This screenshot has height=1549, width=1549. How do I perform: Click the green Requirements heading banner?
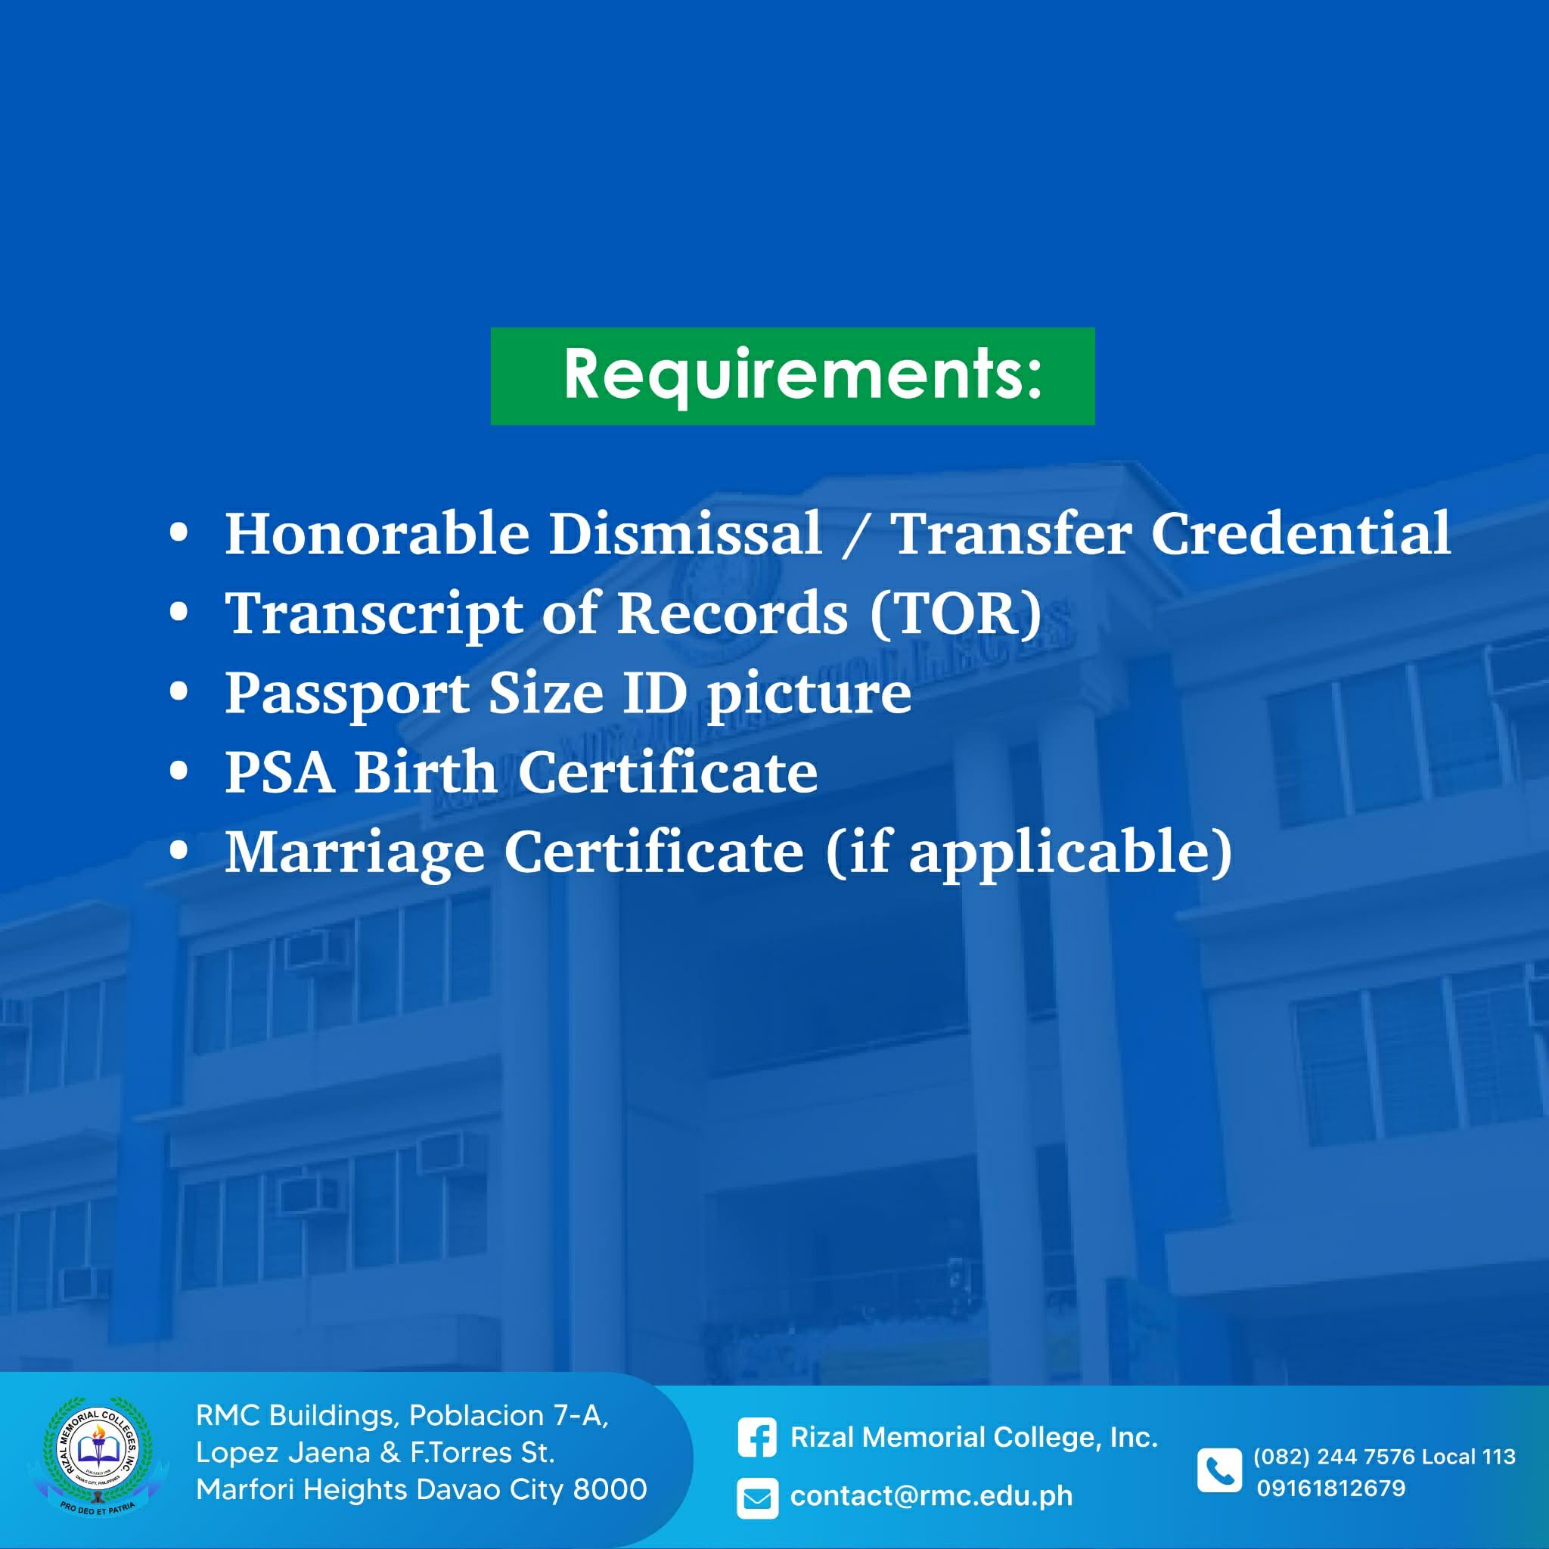[792, 376]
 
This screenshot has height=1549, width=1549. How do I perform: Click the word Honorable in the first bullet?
[377, 533]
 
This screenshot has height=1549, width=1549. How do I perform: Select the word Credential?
[1301, 533]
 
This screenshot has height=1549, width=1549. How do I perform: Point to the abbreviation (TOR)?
[957, 613]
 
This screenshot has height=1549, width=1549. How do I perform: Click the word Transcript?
[374, 615]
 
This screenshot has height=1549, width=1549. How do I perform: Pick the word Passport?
[347, 694]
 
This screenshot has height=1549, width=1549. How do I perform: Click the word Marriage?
[355, 853]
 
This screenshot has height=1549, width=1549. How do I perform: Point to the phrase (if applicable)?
[1029, 853]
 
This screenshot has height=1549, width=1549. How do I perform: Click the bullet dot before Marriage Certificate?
[178, 850]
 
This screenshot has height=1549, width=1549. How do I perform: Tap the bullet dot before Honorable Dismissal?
[178, 532]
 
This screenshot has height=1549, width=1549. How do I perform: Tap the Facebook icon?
[757, 1438]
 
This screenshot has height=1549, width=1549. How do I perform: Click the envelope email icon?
[757, 1497]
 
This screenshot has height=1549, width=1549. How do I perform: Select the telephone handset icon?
[1219, 1470]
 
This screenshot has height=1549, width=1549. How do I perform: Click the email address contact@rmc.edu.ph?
[931, 1496]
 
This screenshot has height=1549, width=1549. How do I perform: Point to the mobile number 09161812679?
[1331, 1488]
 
